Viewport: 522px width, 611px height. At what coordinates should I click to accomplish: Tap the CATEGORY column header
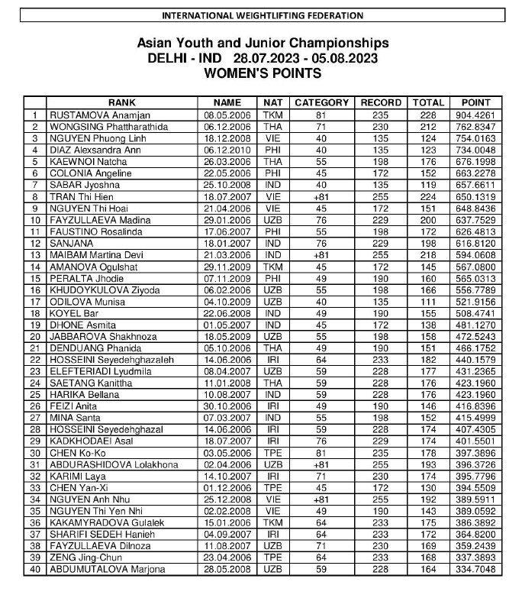(321, 102)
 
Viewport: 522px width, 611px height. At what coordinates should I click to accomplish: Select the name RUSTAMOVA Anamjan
(95, 114)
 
